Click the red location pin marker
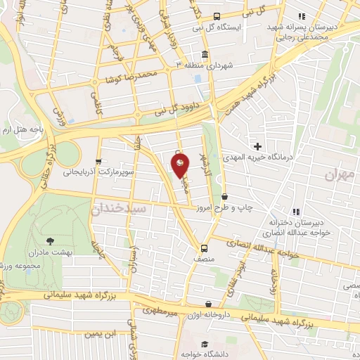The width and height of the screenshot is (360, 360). click(x=181, y=165)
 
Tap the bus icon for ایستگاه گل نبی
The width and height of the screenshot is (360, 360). click(x=216, y=15)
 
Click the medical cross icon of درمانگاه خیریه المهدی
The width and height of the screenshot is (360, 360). click(x=257, y=147)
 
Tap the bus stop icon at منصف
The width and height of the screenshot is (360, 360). click(x=204, y=247)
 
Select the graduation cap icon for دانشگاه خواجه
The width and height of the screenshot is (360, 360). click(x=204, y=344)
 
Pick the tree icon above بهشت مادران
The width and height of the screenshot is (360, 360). click(x=49, y=241)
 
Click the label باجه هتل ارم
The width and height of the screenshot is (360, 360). click(x=19, y=130)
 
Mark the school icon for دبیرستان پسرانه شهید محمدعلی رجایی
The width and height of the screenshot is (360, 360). click(x=302, y=15)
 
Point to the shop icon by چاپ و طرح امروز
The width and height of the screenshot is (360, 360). click(x=224, y=197)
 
